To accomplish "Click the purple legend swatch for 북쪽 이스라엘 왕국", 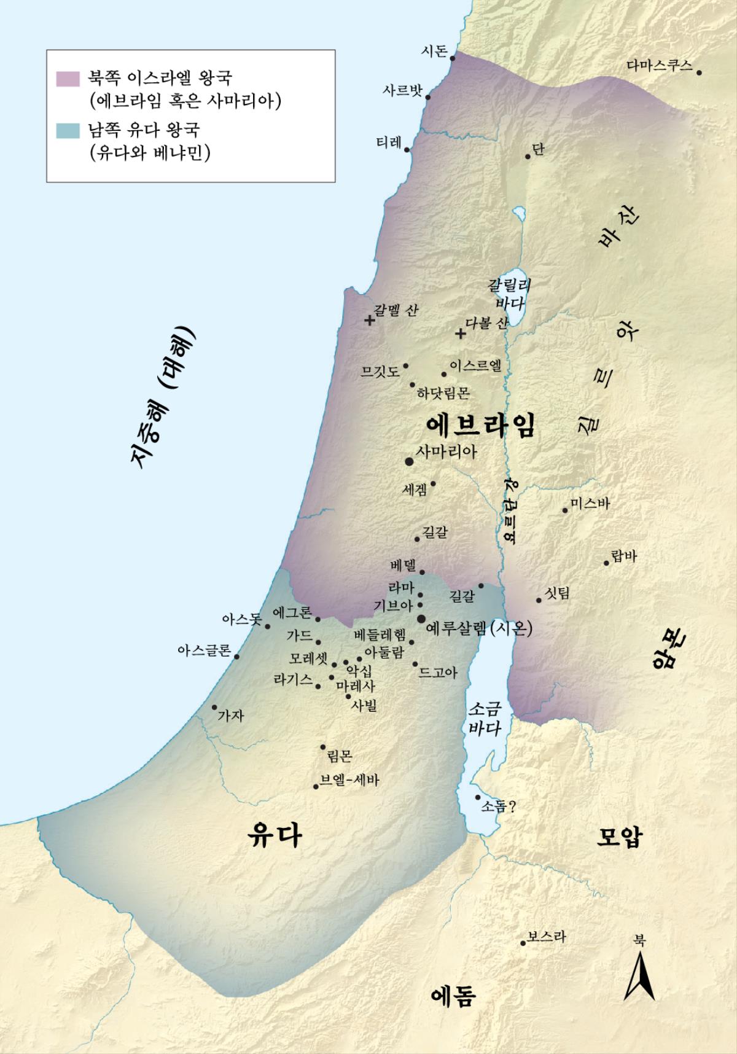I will pyautogui.click(x=68, y=79).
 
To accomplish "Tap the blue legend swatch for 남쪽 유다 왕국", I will pyautogui.click(x=68, y=130).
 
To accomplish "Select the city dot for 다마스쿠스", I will pyautogui.click(x=699, y=72).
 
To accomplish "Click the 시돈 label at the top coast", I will pyautogui.click(x=434, y=51).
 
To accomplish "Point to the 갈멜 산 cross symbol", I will pyautogui.click(x=369, y=320).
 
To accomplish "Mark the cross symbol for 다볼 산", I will pyautogui.click(x=461, y=334).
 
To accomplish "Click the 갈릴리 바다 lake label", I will pyautogui.click(x=509, y=294).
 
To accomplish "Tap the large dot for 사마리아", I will pyautogui.click(x=409, y=461).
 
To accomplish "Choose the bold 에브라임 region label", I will pyautogui.click(x=480, y=424).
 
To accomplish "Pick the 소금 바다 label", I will pyautogui.click(x=485, y=719).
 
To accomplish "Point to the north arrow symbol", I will pyautogui.click(x=639, y=976).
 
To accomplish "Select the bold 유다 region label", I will pyautogui.click(x=274, y=836).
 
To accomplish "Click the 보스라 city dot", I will pyautogui.click(x=523, y=943).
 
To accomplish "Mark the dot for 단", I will pyautogui.click(x=528, y=157).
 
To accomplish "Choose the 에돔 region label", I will pyautogui.click(x=453, y=996).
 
